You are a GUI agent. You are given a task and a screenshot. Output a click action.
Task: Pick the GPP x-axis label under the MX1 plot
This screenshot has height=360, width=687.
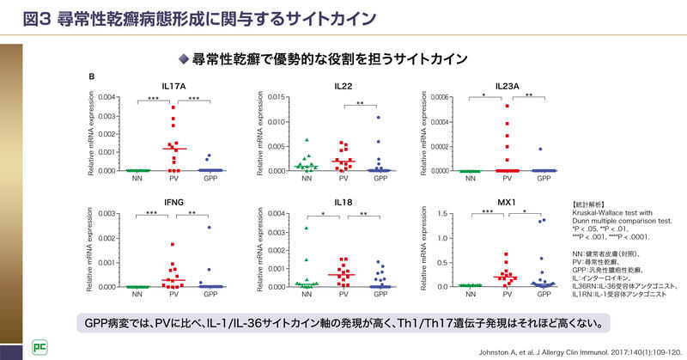point(542,295)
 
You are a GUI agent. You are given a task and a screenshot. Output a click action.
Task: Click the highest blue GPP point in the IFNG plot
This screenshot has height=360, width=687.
point(208,228)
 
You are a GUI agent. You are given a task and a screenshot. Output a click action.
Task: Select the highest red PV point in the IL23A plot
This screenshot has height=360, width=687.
point(507,106)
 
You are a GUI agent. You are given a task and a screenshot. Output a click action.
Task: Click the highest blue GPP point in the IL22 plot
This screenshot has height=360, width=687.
point(376,117)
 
